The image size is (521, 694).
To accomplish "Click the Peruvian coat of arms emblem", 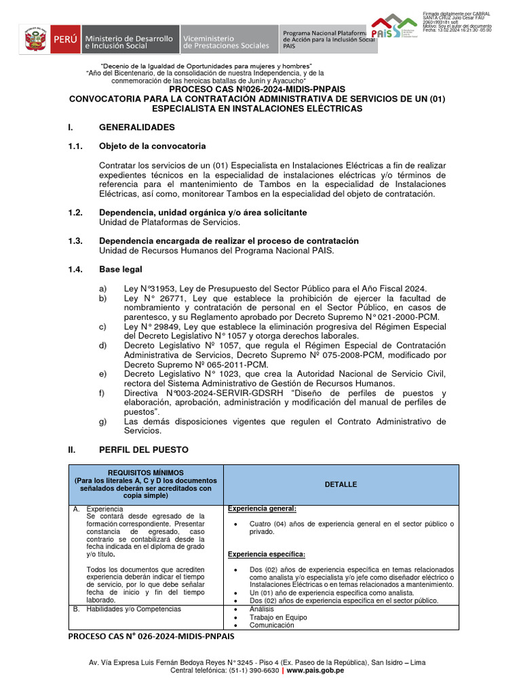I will tap(33, 40).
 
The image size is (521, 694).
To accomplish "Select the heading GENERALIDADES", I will tap(136, 127).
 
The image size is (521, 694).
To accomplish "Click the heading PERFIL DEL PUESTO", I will tap(144, 449).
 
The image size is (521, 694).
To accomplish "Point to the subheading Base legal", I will tap(120, 270).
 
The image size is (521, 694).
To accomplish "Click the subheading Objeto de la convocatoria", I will tap(152, 146).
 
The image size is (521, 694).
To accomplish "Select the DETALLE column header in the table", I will tap(341, 485).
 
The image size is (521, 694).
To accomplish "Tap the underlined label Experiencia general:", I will tap(262, 509).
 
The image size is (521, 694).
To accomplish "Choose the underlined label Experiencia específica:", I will tap(266, 554).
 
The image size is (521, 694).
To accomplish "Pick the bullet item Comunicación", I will tap(272, 626).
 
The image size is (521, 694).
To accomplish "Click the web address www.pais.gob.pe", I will tap(315, 670).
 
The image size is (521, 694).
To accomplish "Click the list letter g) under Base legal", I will tap(103, 422).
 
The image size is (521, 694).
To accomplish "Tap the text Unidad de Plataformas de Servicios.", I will tap(170, 222).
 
